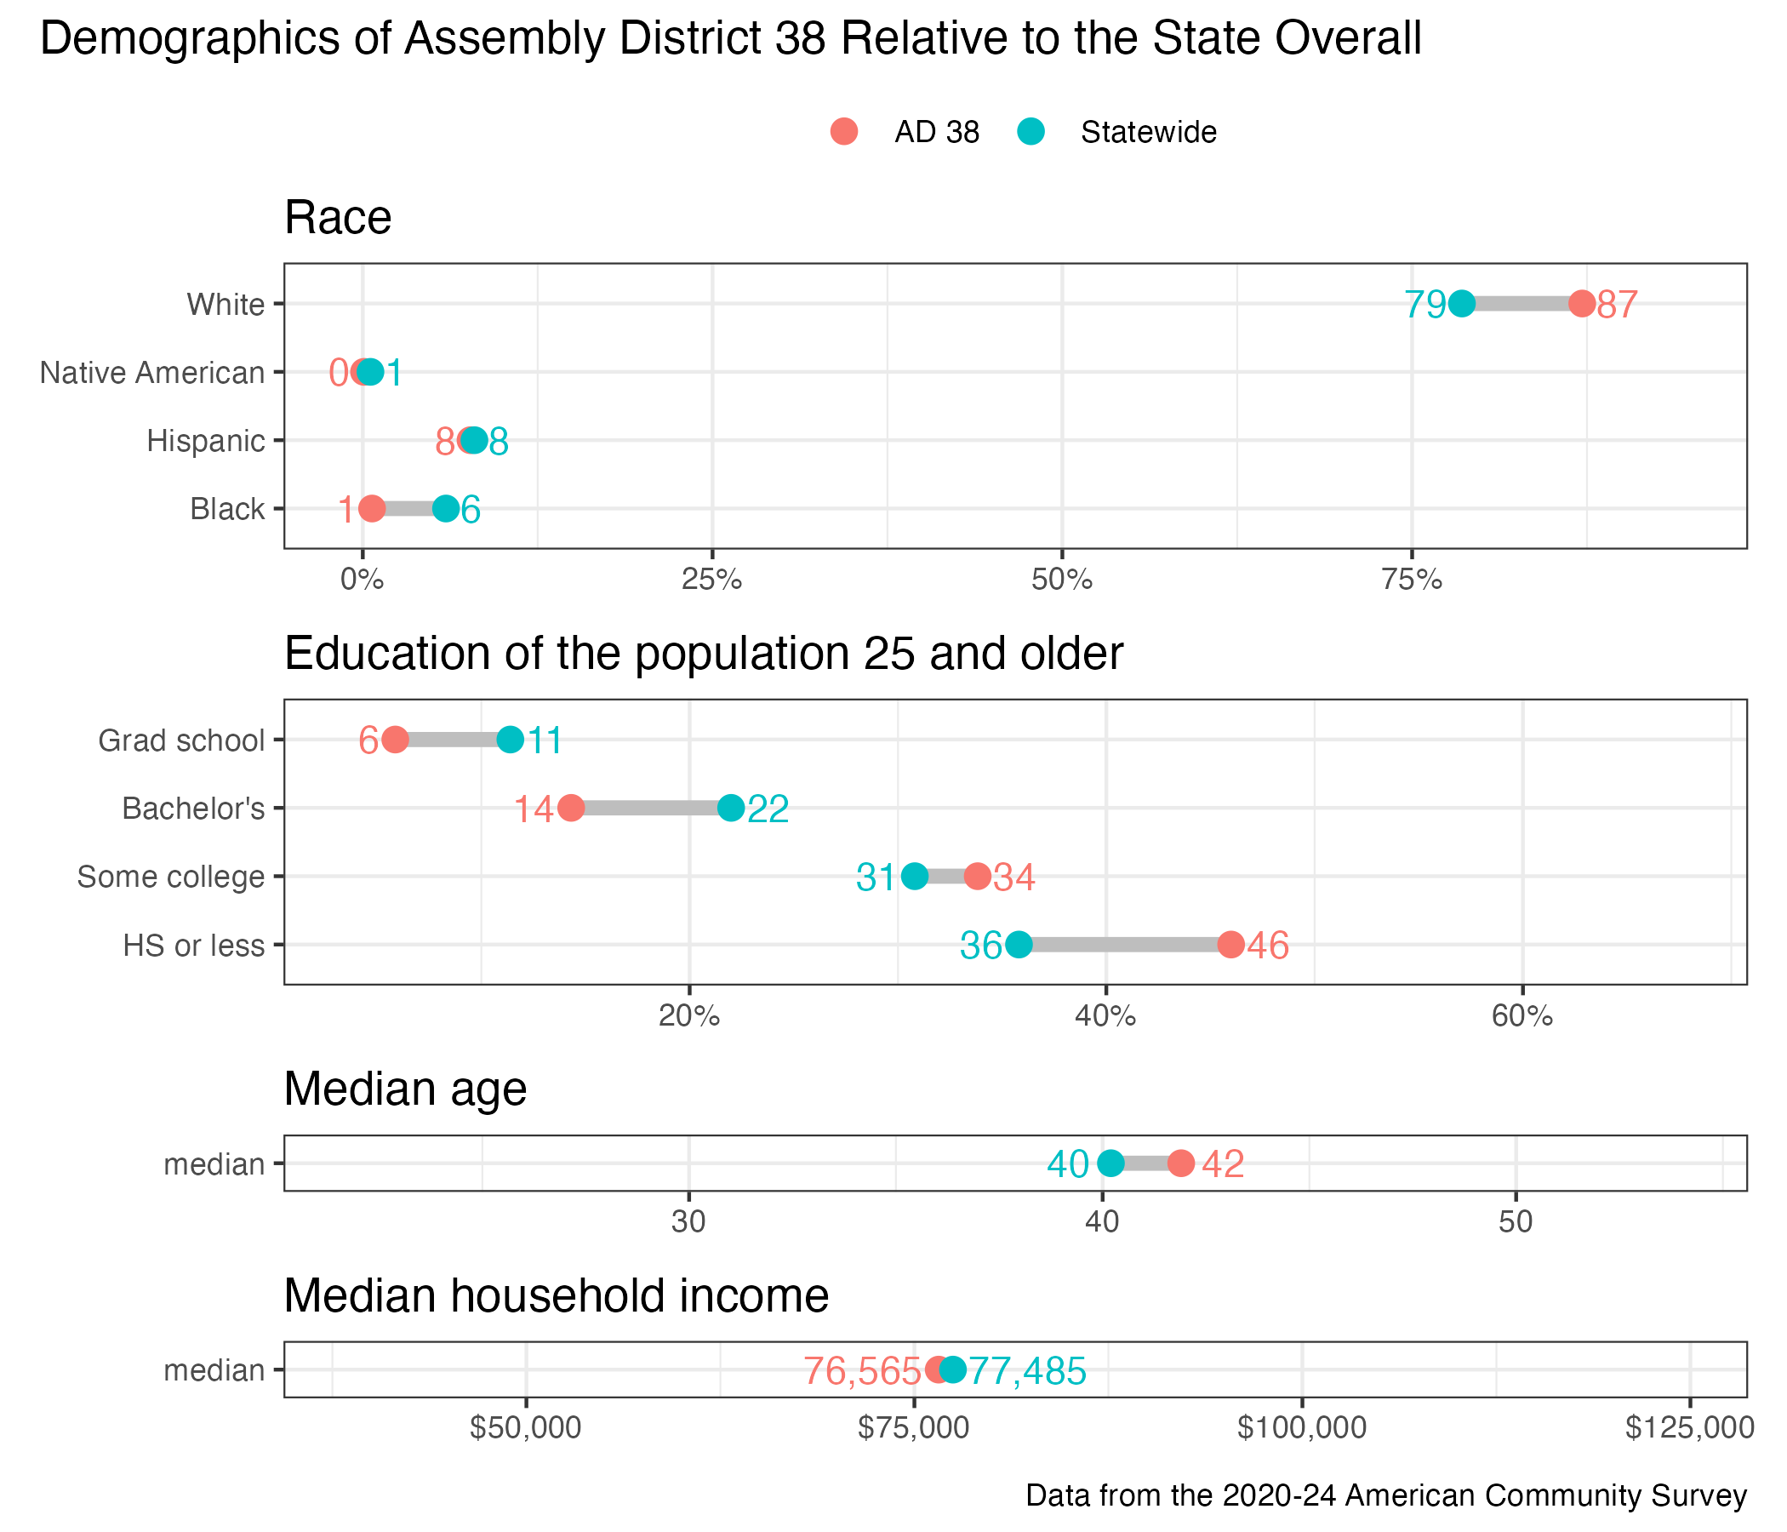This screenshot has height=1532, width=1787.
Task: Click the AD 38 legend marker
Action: [x=844, y=132]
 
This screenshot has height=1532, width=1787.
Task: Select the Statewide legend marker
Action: [x=1031, y=132]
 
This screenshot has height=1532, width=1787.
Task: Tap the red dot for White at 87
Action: [x=1582, y=304]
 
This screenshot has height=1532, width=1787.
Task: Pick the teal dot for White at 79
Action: [x=1462, y=304]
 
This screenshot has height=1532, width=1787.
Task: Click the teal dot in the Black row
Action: [x=446, y=509]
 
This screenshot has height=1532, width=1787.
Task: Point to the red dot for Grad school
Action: [x=395, y=740]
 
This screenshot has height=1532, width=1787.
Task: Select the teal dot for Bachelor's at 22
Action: [x=731, y=809]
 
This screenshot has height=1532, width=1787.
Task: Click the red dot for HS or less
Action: [x=1231, y=945]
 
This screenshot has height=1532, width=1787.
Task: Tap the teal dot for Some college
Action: [x=915, y=877]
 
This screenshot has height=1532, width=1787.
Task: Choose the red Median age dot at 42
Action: [x=1182, y=1163]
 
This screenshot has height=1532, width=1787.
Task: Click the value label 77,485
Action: [x=1027, y=1371]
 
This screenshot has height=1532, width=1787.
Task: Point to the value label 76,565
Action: [x=863, y=1371]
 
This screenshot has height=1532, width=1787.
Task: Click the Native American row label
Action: [x=152, y=373]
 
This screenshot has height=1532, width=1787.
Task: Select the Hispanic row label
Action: [x=206, y=441]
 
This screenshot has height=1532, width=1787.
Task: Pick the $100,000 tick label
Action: [x=1301, y=1428]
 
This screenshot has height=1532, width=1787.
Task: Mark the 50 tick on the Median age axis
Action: [x=1516, y=1222]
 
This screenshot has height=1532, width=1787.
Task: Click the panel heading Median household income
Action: [x=557, y=1295]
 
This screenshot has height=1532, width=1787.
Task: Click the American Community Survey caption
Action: [x=1386, y=1495]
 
